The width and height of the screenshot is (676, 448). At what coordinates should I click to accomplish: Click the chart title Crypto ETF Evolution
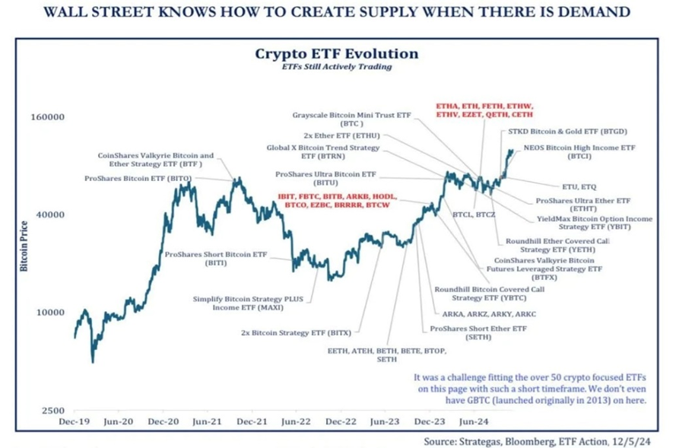coord(336,54)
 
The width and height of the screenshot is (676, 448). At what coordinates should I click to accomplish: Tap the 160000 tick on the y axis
coord(46,118)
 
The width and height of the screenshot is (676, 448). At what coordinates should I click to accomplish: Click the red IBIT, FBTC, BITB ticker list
coord(334,200)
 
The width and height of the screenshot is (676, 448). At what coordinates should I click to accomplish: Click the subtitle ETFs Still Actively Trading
coord(336,68)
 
